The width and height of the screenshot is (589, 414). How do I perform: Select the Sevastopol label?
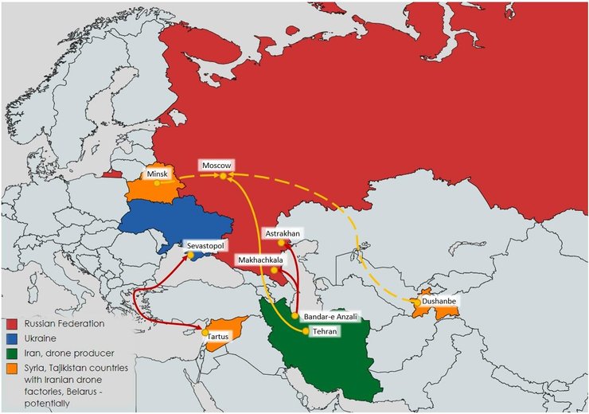[206, 247]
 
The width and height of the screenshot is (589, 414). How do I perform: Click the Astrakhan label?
[282, 232]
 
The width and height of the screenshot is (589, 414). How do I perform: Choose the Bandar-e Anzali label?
[327, 316]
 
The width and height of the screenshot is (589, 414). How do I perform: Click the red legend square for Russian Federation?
[11, 324]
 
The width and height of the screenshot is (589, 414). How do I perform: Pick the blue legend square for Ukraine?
[11, 339]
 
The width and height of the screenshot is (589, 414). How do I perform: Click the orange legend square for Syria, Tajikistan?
[11, 369]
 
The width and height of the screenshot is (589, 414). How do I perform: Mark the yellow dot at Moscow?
[224, 175]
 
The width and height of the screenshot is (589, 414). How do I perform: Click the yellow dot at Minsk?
[157, 182]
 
